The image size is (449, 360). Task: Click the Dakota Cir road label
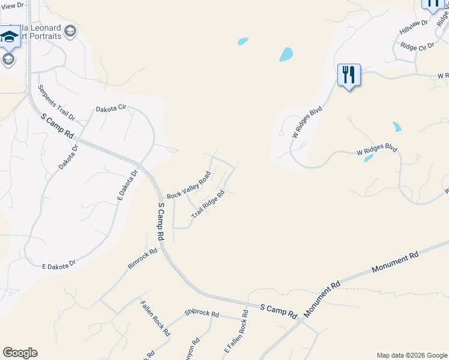click(x=112, y=108)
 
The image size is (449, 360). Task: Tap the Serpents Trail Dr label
click(x=56, y=102)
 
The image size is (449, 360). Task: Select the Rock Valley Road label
click(x=189, y=185)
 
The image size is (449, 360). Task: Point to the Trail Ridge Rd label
click(x=208, y=205)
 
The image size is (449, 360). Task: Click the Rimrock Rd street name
click(x=142, y=258)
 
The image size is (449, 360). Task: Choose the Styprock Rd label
click(x=202, y=314)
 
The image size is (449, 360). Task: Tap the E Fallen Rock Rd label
click(x=236, y=331)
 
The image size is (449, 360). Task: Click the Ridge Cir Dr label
click(x=417, y=46)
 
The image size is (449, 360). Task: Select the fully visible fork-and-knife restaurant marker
click(x=349, y=75)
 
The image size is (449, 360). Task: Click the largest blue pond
click(x=286, y=55)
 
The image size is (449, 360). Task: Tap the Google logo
click(x=20, y=353)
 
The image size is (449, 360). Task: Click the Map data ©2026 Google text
click(x=411, y=355)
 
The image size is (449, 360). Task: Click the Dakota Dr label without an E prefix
click(x=68, y=157)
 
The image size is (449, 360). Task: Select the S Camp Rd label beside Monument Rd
click(x=279, y=311)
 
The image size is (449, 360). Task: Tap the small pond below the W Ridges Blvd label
click(x=369, y=158)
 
